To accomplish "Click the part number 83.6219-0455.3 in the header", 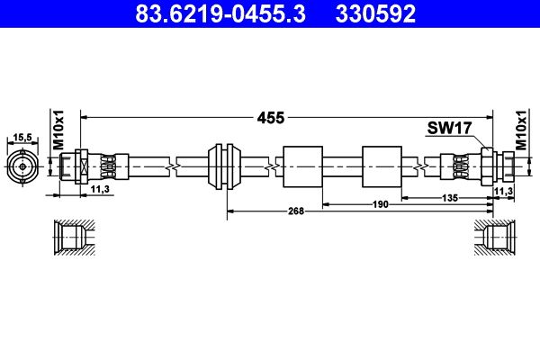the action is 220,13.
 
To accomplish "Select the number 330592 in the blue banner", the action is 375,13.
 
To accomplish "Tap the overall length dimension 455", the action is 271,118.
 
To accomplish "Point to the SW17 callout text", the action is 449,128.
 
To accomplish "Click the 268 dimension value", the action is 296,211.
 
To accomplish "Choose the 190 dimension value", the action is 380,204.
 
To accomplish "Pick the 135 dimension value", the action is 450,198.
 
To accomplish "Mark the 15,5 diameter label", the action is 22,138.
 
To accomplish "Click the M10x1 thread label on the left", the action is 58,130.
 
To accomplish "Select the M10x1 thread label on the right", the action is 521,130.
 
